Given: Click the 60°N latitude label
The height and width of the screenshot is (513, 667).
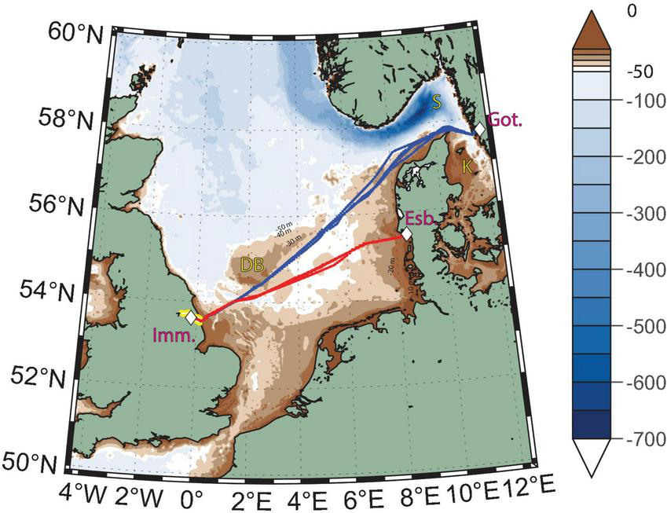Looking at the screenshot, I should click(x=68, y=32).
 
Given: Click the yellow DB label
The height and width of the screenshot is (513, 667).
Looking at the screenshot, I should click(x=251, y=265).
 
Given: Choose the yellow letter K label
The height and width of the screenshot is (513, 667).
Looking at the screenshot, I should click(x=467, y=167).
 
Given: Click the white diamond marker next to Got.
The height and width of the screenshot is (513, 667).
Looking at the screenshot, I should click(x=479, y=130).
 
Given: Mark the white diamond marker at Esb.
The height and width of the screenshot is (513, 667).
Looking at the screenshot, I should click(x=406, y=233).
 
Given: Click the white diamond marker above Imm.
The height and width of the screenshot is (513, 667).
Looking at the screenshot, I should click(x=190, y=315).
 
